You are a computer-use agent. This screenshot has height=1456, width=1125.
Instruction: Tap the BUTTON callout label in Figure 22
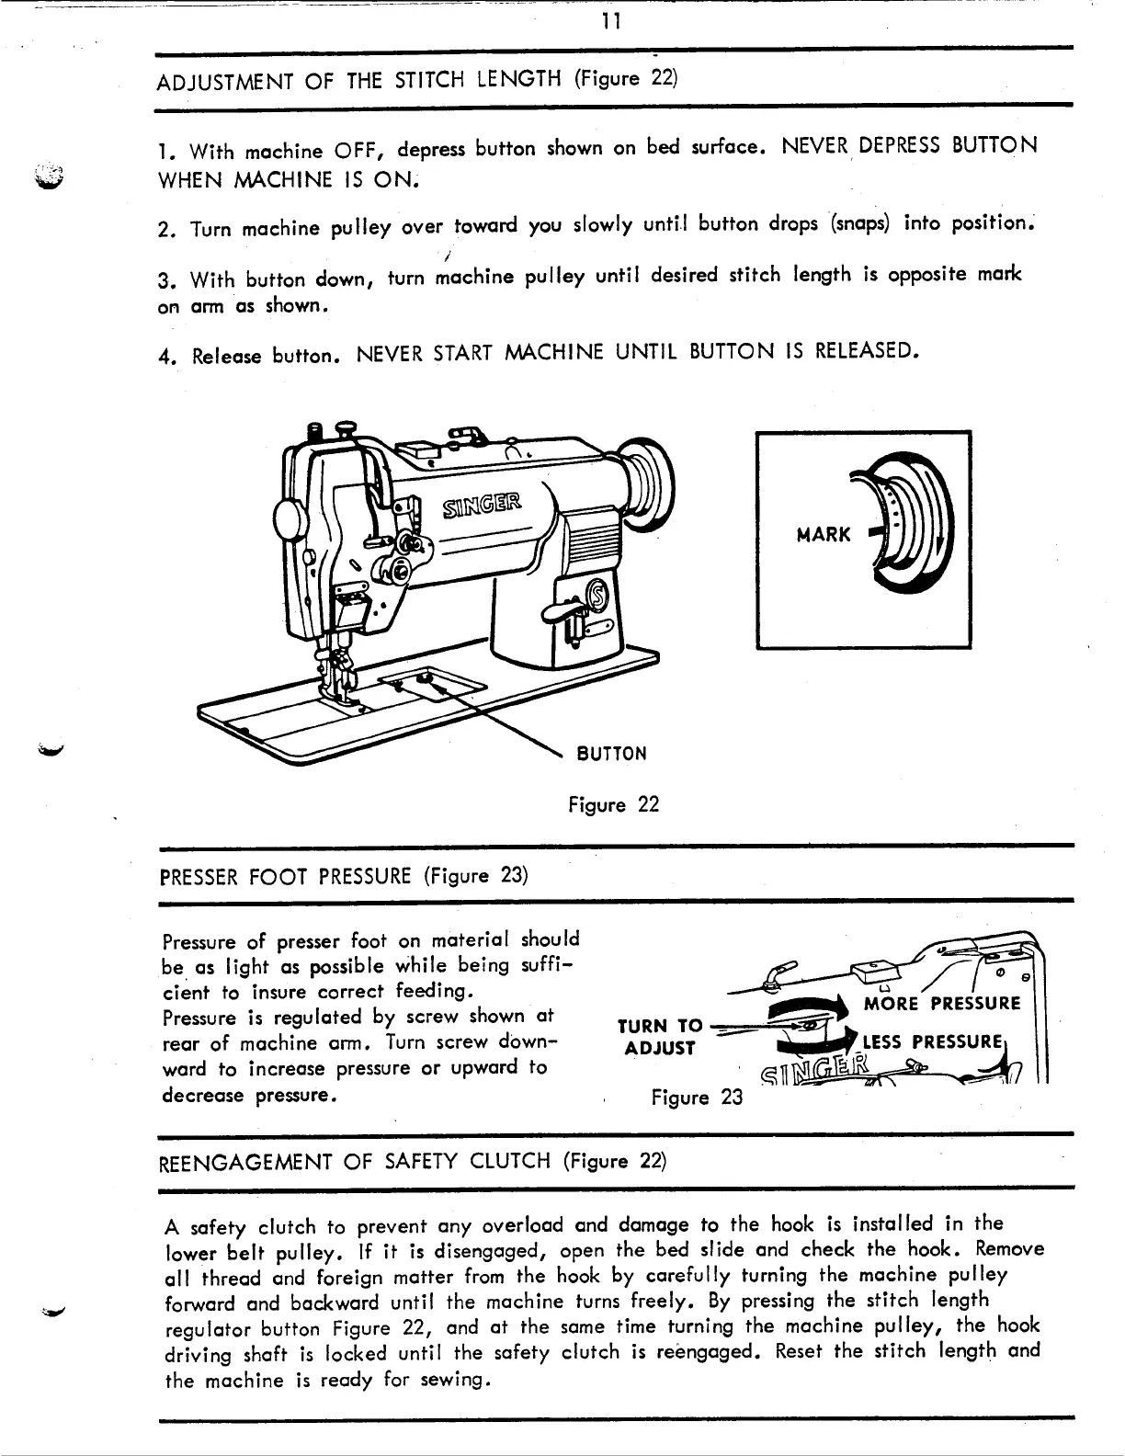(611, 754)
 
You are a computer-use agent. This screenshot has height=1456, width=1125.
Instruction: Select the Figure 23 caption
(696, 1098)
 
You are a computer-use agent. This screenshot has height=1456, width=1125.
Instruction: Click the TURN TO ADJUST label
(660, 1037)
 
